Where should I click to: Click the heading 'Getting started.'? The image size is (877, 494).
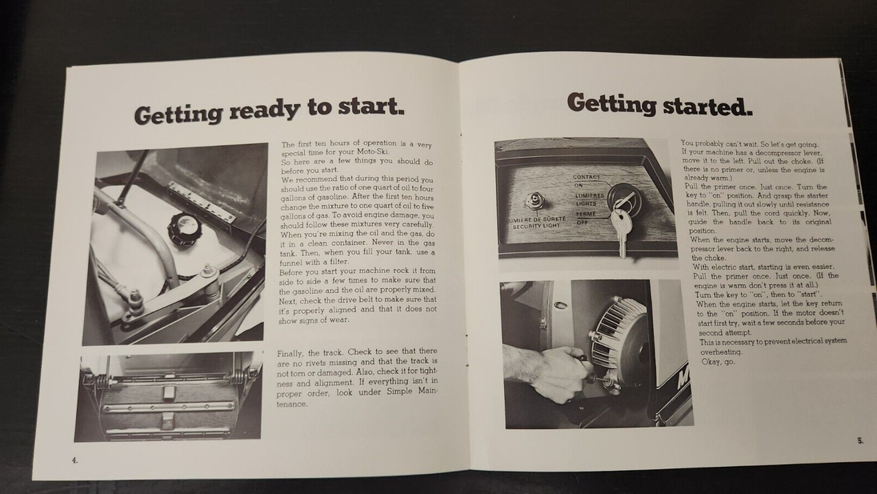point(660,105)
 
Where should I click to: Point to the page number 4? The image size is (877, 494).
point(74,460)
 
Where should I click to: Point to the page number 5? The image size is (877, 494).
point(860,440)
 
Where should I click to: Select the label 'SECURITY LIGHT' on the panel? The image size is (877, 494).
point(536,227)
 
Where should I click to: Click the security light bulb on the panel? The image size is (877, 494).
point(536,200)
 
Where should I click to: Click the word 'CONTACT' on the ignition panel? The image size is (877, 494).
point(587,177)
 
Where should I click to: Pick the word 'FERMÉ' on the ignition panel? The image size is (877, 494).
point(586,214)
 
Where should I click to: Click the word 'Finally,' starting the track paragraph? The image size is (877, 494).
point(291,354)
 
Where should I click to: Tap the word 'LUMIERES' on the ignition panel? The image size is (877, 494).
point(589,196)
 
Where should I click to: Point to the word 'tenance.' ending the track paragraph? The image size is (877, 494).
point(292,404)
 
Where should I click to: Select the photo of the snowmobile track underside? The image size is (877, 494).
point(168,396)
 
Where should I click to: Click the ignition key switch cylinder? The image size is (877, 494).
point(621,197)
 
